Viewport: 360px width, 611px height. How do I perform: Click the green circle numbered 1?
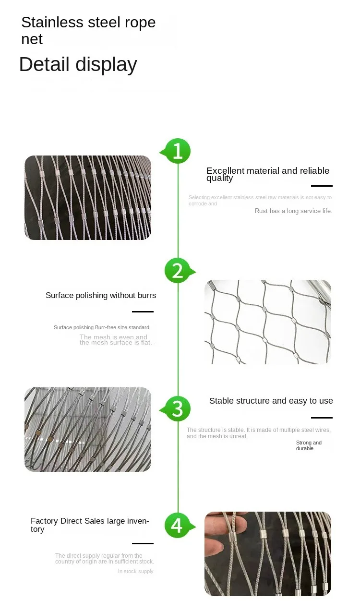pos(178,151)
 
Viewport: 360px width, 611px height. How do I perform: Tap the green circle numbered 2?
pos(178,271)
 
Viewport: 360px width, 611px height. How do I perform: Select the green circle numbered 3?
pos(178,408)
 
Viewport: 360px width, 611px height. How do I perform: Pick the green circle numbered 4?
pos(177,525)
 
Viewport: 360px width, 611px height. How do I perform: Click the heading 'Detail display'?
pos(78,64)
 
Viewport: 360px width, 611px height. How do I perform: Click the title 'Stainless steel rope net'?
pos(88,31)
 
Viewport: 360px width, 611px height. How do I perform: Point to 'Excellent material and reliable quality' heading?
pos(267,174)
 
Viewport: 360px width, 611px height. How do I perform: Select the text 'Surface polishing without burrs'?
pos(101,296)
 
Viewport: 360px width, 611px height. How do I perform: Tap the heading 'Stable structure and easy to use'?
pos(271,401)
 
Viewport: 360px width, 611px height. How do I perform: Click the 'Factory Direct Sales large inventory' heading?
pos(90,525)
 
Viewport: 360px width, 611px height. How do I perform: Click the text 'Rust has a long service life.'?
pos(293,211)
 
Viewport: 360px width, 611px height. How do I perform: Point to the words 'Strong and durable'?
pos(308,445)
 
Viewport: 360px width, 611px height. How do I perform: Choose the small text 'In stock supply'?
pos(136,571)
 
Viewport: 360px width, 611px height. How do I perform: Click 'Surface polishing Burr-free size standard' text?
pos(101,327)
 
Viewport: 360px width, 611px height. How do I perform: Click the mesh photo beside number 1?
pos(88,197)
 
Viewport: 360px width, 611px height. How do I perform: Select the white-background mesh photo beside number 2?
pos(267,322)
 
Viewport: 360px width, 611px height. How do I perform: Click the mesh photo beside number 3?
pos(88,429)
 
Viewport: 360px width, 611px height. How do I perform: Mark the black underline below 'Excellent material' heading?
pos(322,186)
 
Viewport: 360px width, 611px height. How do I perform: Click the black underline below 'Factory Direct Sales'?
pos(143,543)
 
